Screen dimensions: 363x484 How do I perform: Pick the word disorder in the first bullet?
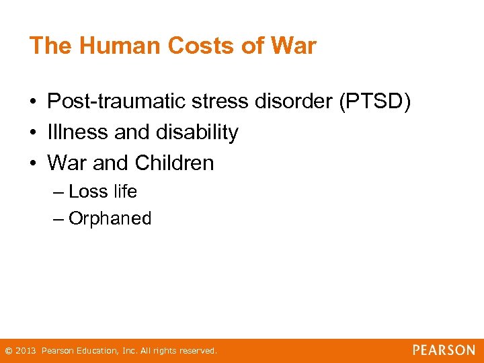[x=300, y=102]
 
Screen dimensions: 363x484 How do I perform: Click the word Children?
[x=174, y=163]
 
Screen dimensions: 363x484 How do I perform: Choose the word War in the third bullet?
[x=66, y=163]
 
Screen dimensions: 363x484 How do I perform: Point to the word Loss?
[x=88, y=192]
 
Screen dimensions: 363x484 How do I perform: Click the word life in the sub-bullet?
[x=125, y=192]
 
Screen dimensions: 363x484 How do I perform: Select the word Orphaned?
[x=110, y=218]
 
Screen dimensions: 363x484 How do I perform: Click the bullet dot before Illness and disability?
[x=32, y=133]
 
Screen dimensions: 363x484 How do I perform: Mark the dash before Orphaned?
[x=58, y=219]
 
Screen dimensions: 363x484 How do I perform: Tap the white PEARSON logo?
[x=444, y=350]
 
